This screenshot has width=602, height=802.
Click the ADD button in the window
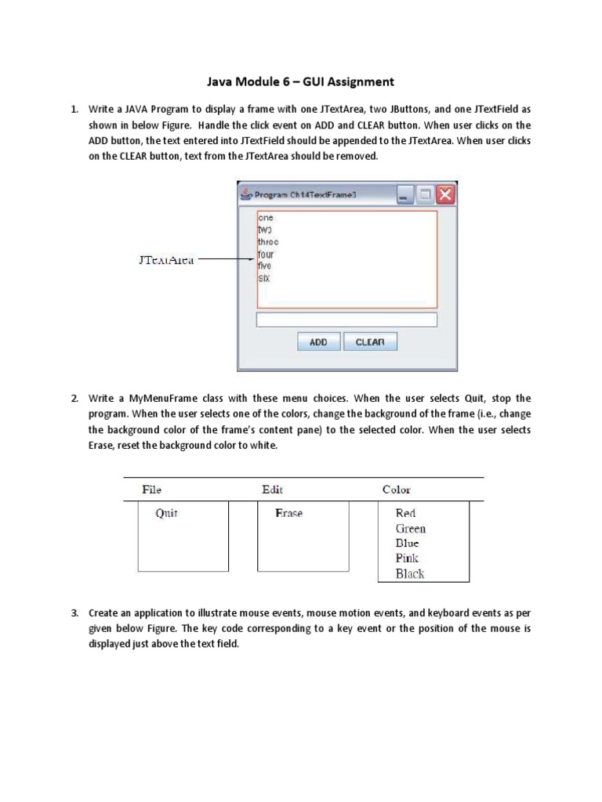(x=318, y=342)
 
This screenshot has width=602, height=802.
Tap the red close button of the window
(x=445, y=195)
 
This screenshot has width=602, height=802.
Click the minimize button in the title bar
(x=404, y=195)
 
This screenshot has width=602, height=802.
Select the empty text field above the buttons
(x=346, y=320)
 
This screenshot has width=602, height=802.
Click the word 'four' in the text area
(x=266, y=255)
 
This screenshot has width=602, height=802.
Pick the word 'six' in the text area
(x=264, y=278)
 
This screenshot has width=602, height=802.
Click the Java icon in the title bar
(x=246, y=195)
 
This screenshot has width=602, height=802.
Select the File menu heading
(x=152, y=490)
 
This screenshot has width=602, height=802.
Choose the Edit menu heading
(x=273, y=490)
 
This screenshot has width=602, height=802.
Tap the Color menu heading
(x=397, y=490)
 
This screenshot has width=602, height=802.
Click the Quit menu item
(x=167, y=514)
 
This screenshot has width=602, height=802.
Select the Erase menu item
(x=288, y=514)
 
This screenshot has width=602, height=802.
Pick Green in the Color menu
(x=411, y=529)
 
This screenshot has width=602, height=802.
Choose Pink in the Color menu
(x=408, y=558)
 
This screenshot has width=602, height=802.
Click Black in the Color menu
(x=410, y=574)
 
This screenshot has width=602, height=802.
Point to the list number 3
(x=75, y=612)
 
